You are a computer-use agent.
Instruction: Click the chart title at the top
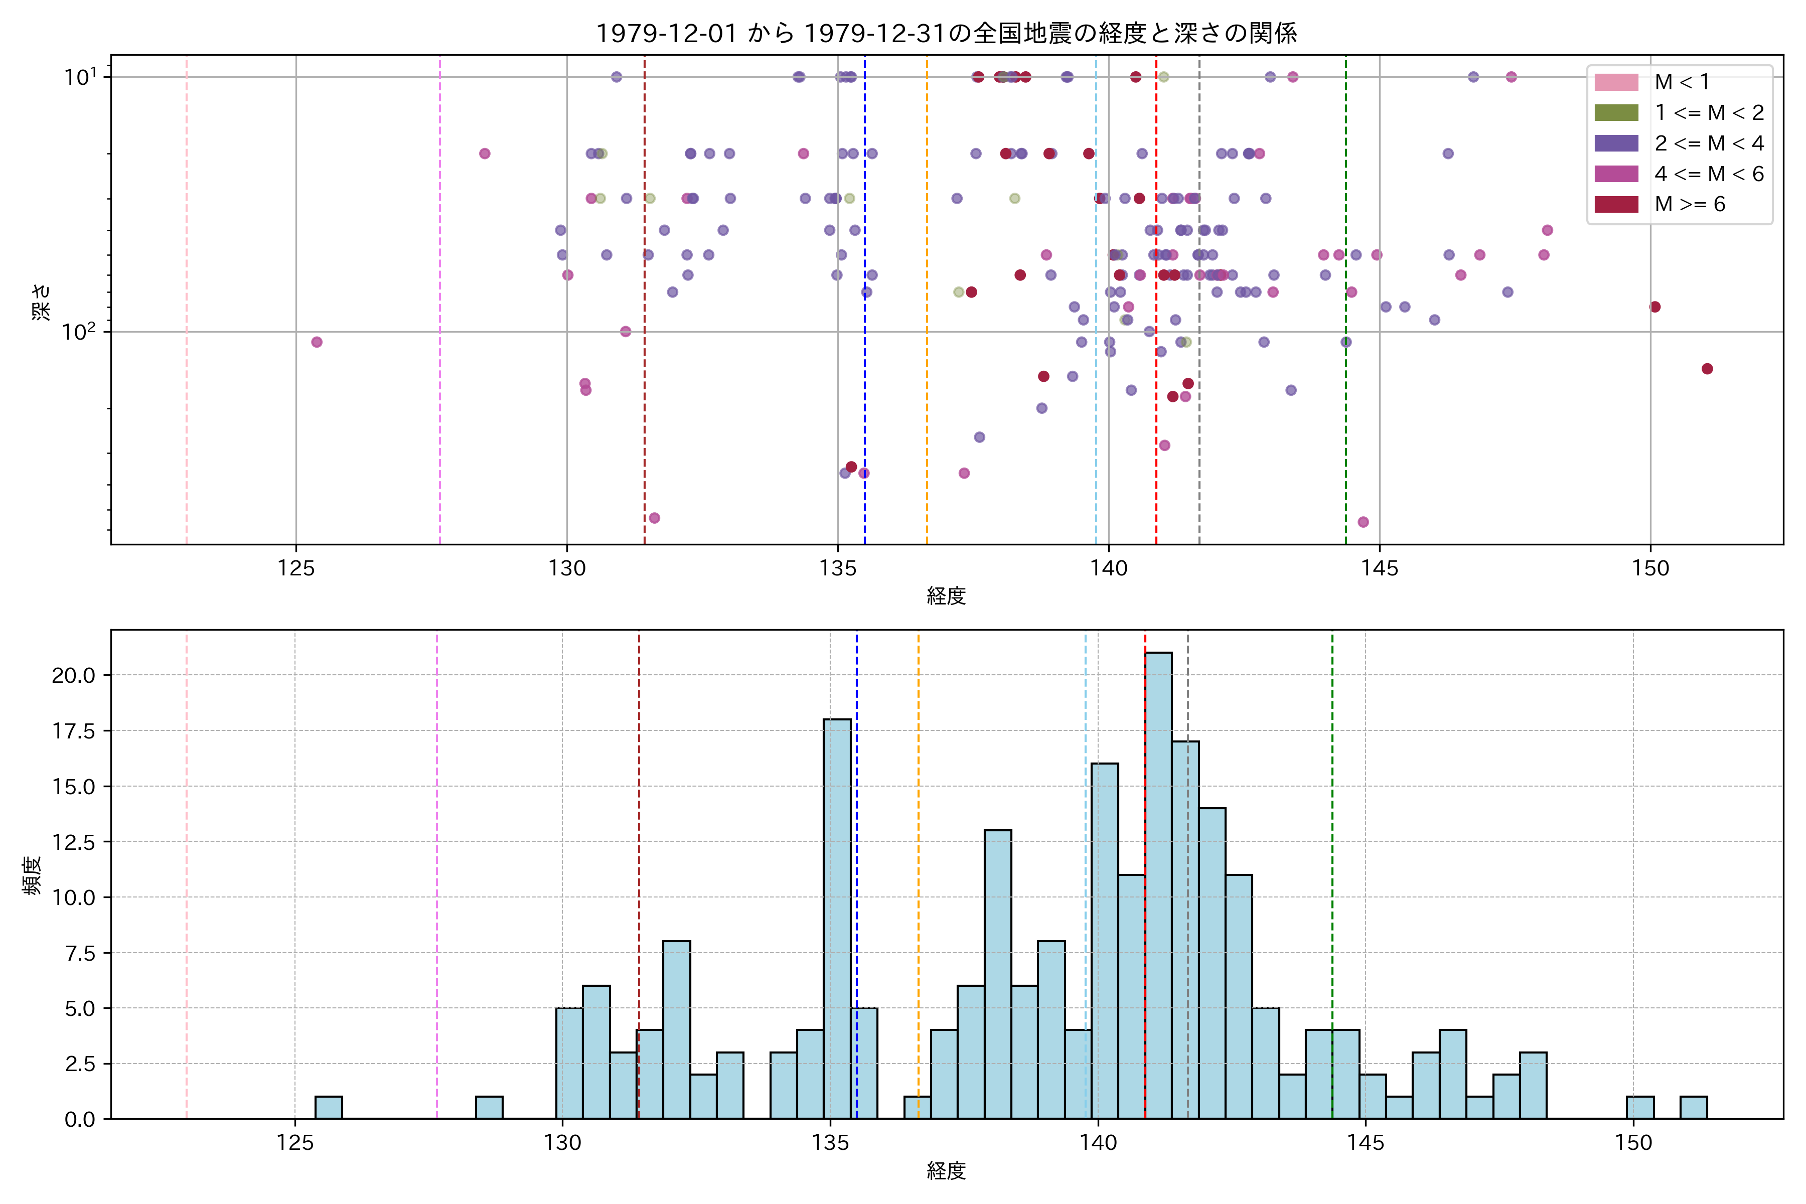coord(946,33)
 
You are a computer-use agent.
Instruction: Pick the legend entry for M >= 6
coord(1689,204)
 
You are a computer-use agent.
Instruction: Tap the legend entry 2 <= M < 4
coord(1709,143)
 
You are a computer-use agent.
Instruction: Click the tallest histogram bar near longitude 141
coord(1158,883)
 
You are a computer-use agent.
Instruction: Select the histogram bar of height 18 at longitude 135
coord(836,918)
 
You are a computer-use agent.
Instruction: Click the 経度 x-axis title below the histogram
coord(946,1170)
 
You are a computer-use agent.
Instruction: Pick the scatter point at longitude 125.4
coord(317,342)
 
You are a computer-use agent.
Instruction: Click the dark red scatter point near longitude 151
coord(1707,369)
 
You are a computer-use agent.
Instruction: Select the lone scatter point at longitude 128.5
coord(485,154)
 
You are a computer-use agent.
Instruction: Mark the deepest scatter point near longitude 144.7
coord(1363,522)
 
